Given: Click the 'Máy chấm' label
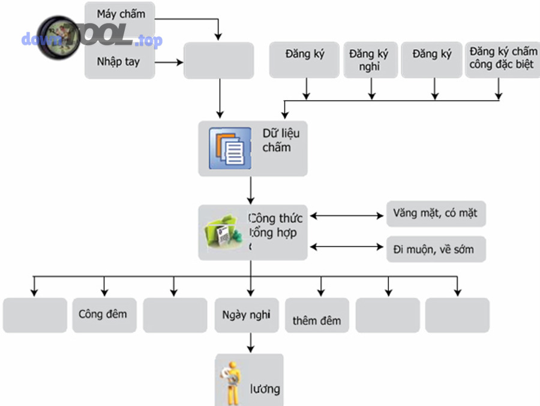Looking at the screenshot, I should pos(121,14).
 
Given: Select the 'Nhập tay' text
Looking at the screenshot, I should pos(118,61).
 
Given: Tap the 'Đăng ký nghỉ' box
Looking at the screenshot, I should pos(370,60).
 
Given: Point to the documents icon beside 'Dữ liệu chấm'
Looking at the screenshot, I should pos(230,148).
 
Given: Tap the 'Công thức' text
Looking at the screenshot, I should pos(276,218).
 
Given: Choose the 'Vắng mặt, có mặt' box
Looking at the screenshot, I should pos(436,213).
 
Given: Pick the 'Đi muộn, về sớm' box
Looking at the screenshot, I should pos(436,249).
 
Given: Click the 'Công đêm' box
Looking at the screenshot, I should pos(103,314).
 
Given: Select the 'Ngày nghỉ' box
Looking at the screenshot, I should pos(246,315).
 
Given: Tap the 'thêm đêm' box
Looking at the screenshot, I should pos(317,320).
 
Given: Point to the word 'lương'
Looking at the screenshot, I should pos(265,389).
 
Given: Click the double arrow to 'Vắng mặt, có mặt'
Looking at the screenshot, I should pos(347,215).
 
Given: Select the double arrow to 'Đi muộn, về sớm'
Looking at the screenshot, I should pos(347,246).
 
